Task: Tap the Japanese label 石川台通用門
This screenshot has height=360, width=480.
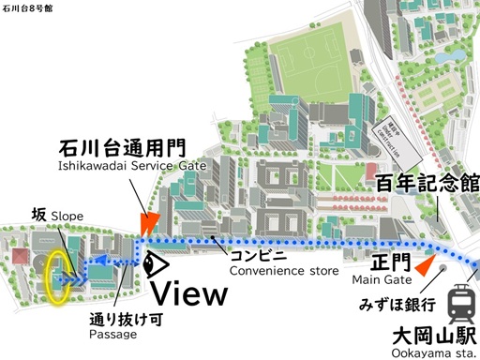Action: point(123,148)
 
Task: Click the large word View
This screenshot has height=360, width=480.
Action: point(190,293)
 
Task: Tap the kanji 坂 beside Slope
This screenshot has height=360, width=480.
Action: point(38,215)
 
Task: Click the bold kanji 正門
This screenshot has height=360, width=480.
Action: point(383,260)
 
